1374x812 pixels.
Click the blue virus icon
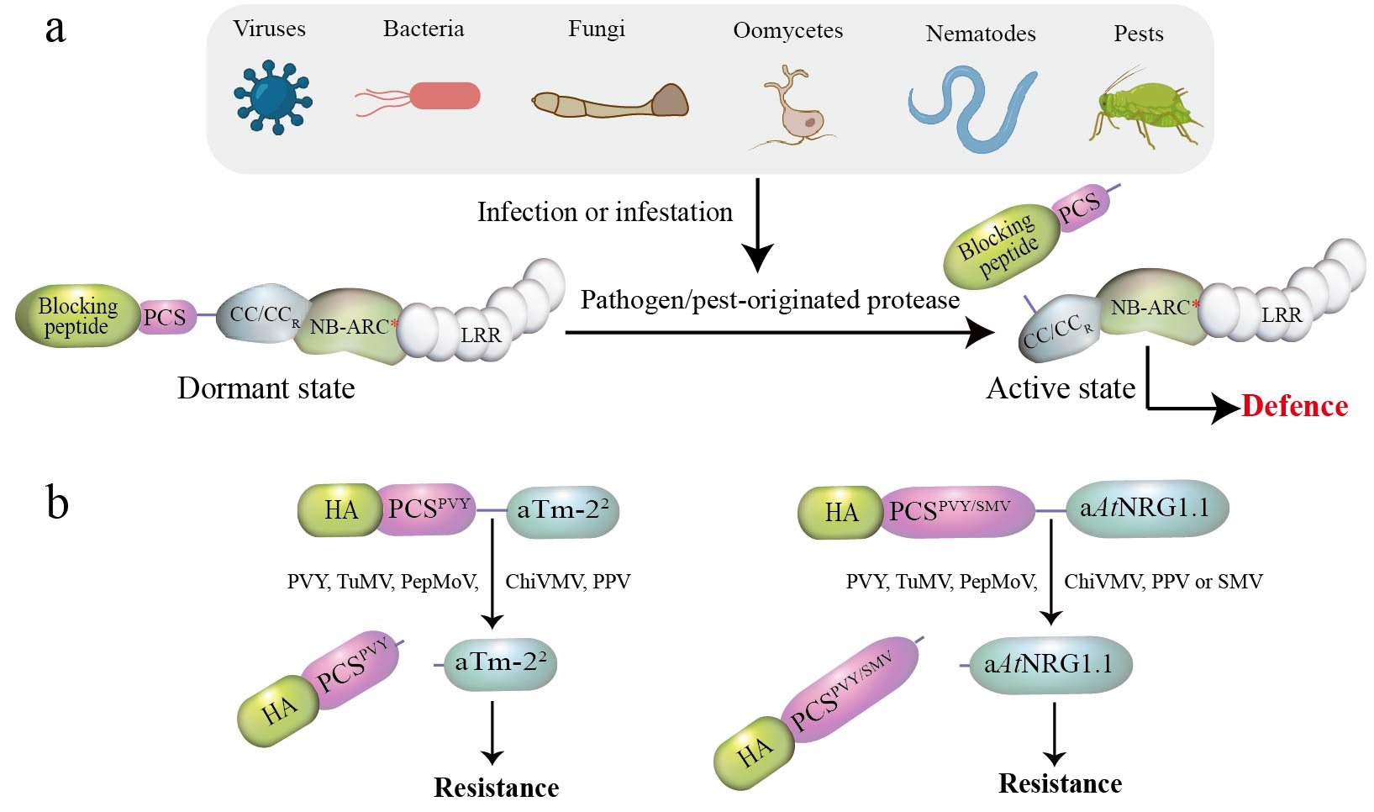coord(273,97)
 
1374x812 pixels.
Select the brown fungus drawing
coord(610,102)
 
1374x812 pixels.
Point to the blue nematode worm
coord(973,108)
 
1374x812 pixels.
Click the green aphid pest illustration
coord(1145,109)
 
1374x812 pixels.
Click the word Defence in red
coord(1295,406)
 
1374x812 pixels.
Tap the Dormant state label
coord(266,388)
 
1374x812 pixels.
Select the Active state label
coord(1061,388)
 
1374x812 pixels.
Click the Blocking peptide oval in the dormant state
coord(78,315)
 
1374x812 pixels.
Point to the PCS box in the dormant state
coord(166,317)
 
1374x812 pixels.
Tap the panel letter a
coord(55,29)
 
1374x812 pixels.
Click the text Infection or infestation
coord(605,213)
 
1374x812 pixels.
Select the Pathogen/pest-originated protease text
coord(770,300)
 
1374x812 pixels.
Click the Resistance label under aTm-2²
coord(496,788)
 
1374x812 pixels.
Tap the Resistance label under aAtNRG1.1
coord(1060,783)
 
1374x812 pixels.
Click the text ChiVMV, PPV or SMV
coord(1163,581)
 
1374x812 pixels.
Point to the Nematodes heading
coord(980,34)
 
